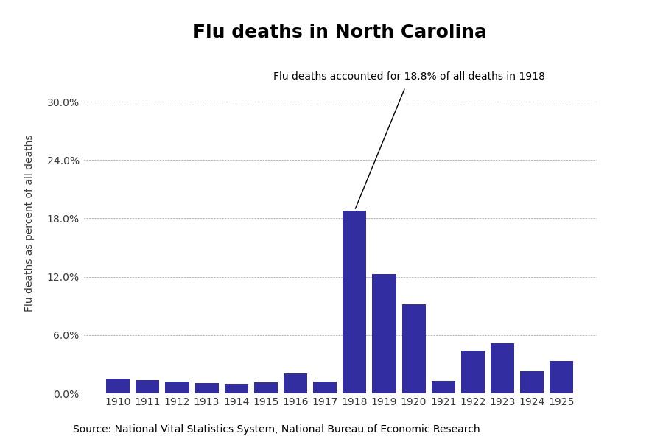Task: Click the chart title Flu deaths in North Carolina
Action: coord(340,32)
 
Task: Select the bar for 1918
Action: coord(354,302)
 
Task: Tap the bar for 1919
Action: coord(384,334)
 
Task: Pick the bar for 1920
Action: coord(413,348)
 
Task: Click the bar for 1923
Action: coord(502,368)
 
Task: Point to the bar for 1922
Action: coord(473,372)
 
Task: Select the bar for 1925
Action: coord(561,377)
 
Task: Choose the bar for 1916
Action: coord(295,383)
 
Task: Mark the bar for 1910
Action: coord(118,386)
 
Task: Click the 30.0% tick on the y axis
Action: coord(63,102)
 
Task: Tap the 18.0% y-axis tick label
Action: coord(63,219)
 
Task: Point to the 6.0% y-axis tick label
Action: coord(66,335)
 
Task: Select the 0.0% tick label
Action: coord(66,394)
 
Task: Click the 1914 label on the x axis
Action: coord(236,402)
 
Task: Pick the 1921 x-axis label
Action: coord(443,402)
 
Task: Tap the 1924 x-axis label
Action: coord(532,402)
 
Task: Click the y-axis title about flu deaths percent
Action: coord(29,223)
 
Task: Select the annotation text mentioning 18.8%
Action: coord(409,77)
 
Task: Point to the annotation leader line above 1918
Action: coord(380,149)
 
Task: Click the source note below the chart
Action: coord(276,429)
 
